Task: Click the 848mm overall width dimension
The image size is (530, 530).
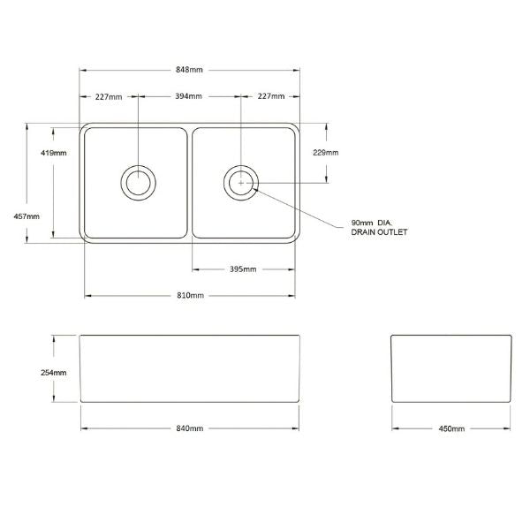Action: click(x=189, y=69)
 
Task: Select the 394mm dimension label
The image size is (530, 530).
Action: click(x=188, y=96)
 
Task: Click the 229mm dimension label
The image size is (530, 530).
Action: click(x=325, y=152)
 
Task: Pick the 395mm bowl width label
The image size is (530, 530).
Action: click(x=244, y=269)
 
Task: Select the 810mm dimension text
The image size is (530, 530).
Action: click(x=190, y=294)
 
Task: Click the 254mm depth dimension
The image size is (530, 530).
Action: click(x=54, y=372)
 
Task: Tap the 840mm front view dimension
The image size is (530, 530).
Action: click(x=190, y=428)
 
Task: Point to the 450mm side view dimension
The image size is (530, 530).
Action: click(x=450, y=428)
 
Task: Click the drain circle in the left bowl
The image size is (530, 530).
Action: click(x=137, y=183)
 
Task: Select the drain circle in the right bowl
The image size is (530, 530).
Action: click(x=240, y=183)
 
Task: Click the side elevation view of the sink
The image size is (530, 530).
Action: click(x=450, y=369)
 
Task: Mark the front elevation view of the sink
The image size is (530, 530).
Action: click(x=189, y=369)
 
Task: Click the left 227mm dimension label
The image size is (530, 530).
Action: click(x=110, y=96)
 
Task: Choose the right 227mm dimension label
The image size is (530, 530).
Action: click(x=270, y=96)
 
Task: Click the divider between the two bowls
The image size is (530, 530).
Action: click(x=189, y=183)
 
